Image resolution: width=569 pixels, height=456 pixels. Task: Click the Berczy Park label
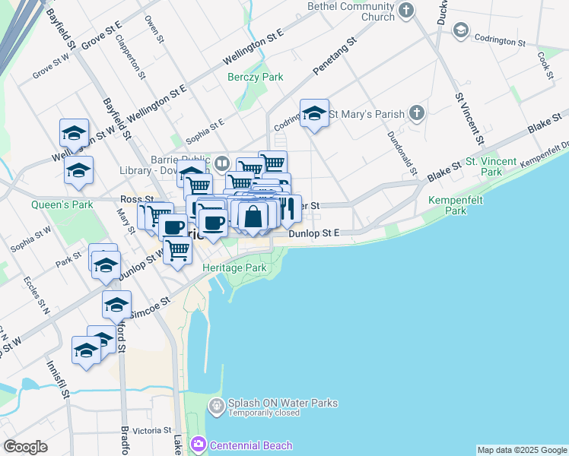point(256,78)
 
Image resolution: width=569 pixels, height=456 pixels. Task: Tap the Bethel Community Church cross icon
point(406,11)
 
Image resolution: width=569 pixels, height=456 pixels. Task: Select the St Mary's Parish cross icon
point(415,114)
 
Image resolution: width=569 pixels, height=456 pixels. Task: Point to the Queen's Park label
point(62,204)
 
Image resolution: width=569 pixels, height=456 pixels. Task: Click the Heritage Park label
point(234,268)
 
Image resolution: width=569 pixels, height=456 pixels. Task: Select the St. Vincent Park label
point(491,167)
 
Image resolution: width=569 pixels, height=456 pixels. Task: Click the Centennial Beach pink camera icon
point(199,443)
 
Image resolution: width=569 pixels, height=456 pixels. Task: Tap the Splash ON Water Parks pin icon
point(217,407)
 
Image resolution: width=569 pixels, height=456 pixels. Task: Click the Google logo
point(25,447)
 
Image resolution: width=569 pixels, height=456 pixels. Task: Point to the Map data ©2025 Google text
point(522,450)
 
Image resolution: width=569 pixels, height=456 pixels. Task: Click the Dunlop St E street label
point(313,234)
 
